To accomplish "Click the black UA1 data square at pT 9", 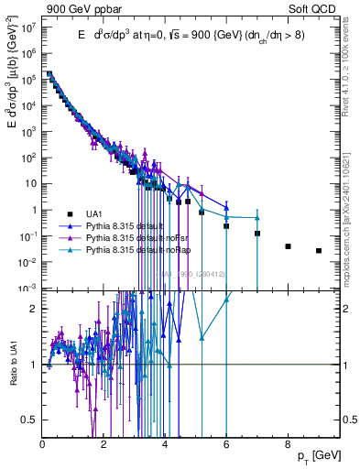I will click(319, 250).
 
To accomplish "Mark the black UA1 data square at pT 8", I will click(288, 246).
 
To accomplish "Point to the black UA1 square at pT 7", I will click(257, 234).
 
